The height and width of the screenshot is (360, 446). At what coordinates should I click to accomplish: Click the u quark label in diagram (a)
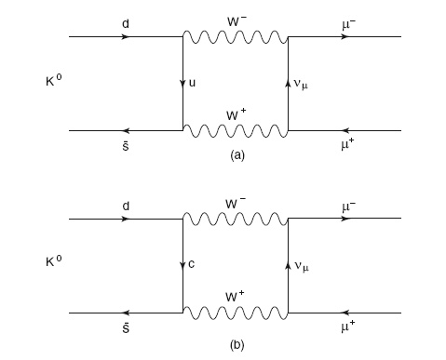click(x=192, y=83)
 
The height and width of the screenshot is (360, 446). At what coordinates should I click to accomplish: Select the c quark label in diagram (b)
click(x=192, y=264)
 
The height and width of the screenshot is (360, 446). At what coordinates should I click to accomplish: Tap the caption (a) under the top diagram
click(x=237, y=154)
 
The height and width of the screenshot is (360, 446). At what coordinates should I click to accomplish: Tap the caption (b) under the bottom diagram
click(x=237, y=345)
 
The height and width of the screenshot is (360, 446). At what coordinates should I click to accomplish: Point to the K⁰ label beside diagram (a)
click(x=54, y=81)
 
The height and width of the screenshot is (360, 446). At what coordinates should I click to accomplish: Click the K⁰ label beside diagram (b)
click(x=54, y=261)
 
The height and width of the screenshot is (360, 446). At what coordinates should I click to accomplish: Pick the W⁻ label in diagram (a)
click(x=237, y=21)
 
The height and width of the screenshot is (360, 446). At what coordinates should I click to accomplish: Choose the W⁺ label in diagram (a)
click(x=236, y=114)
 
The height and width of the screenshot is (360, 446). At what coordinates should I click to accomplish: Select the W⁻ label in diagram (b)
click(x=236, y=203)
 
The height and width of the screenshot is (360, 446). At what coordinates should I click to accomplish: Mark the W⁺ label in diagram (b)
click(x=235, y=296)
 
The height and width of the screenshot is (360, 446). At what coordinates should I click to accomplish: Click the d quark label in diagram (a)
click(x=126, y=23)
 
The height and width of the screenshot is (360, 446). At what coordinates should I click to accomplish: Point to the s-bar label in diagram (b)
click(x=126, y=327)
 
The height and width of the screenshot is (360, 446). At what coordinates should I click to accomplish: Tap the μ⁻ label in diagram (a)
click(x=348, y=25)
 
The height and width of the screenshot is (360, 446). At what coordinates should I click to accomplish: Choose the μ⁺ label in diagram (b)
click(x=348, y=327)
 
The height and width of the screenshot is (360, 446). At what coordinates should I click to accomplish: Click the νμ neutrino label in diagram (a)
click(x=301, y=85)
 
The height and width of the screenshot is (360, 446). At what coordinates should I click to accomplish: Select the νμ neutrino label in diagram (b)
click(x=301, y=266)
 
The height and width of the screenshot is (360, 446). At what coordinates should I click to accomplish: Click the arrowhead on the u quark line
click(x=182, y=84)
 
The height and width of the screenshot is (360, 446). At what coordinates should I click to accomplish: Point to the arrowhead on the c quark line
click(x=182, y=265)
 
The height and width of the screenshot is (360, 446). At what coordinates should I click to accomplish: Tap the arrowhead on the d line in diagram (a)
click(x=125, y=36)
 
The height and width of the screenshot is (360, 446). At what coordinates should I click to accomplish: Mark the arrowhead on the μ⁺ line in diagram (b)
click(x=345, y=313)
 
